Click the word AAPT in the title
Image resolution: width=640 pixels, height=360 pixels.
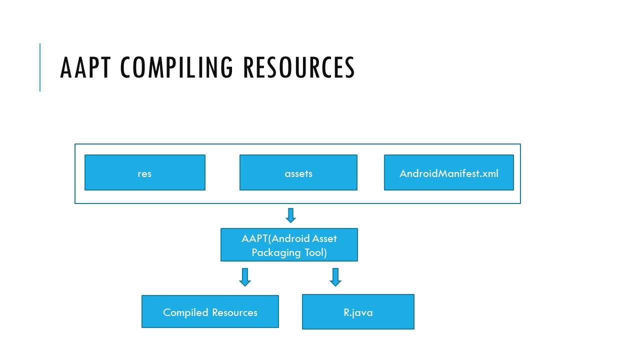(x=85, y=67)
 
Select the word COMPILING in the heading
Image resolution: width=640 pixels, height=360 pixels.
(x=176, y=67)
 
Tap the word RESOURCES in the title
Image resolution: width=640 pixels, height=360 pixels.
(x=299, y=67)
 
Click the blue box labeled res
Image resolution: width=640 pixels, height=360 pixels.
(x=145, y=172)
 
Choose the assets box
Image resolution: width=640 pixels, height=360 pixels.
(x=298, y=172)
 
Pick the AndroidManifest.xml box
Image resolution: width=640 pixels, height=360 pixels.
(x=449, y=172)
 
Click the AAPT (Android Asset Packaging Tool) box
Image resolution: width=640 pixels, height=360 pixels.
(x=289, y=245)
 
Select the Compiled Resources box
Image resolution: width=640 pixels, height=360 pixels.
(x=210, y=311)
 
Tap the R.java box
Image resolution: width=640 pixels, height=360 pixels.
(x=358, y=311)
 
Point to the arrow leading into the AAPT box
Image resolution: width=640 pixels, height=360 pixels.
(x=291, y=215)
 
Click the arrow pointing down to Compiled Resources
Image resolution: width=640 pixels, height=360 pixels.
(x=245, y=277)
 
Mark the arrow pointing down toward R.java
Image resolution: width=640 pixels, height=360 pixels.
(x=335, y=277)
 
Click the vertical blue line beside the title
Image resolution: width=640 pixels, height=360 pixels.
(x=40, y=67)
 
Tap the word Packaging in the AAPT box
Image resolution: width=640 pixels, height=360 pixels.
(x=276, y=253)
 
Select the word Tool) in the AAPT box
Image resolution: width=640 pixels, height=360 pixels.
(x=315, y=252)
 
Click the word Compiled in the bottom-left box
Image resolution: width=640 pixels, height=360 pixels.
(x=185, y=312)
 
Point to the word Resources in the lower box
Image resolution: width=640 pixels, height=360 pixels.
(x=234, y=312)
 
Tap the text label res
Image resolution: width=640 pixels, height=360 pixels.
(x=144, y=173)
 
